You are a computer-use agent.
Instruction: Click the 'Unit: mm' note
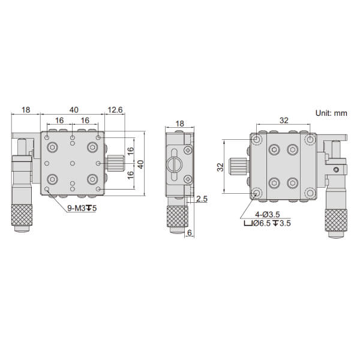(331, 113)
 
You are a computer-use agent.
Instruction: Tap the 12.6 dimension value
(115, 110)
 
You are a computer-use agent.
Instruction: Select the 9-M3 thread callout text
(82, 208)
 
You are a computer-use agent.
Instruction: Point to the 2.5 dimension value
(202, 199)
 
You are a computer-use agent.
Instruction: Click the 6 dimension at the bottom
(190, 233)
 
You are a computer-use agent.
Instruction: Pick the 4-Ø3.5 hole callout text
(268, 214)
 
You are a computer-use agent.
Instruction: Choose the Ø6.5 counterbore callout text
(268, 223)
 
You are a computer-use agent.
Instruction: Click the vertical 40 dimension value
(140, 164)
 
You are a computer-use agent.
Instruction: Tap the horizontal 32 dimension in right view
(284, 121)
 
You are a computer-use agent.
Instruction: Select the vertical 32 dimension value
(220, 167)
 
